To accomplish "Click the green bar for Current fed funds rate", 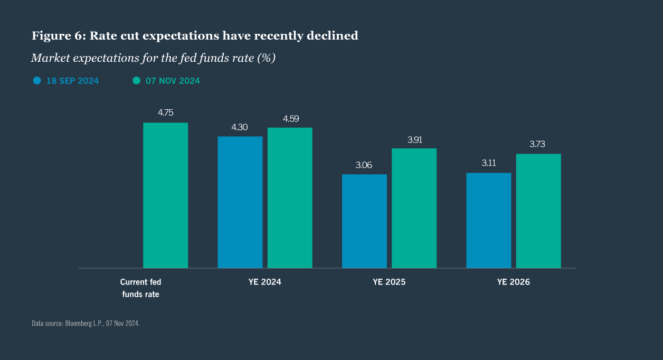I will coord(165,195).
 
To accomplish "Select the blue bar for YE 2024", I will coord(240,202).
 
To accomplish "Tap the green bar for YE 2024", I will coord(290,198).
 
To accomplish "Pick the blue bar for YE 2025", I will coord(364,221).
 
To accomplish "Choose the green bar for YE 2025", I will coord(414,208).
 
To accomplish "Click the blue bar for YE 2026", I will coord(488,220).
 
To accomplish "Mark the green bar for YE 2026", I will coord(538,211).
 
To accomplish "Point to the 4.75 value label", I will coord(165,112).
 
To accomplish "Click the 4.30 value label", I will coord(239,127).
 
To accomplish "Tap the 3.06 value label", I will coord(364,165).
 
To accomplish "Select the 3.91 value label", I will coord(414,140).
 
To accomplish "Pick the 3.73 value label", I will coord(538,144).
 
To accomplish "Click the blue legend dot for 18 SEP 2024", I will coord(37,81).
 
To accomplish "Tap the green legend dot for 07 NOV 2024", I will coord(136,81).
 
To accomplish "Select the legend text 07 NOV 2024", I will coord(173,81).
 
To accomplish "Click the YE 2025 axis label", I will coord(389,282).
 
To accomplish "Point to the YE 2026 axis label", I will coord(513,282).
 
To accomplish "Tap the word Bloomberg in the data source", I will coord(78,323).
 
